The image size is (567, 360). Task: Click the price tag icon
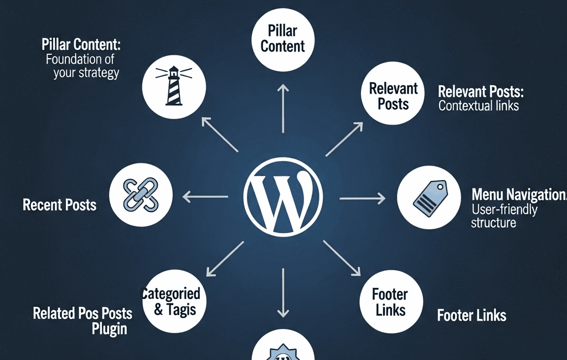coord(429,197)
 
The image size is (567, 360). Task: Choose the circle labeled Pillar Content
coord(282,39)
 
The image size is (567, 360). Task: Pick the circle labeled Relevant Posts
coord(393,96)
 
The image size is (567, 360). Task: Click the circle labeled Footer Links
coord(391,302)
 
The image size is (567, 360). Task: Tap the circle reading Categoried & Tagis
coord(174,302)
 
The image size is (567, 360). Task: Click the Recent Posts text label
coord(59,205)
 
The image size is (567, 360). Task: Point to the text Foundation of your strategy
coord(83,66)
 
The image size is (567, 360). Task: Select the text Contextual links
coord(478,105)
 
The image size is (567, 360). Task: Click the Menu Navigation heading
coord(518,194)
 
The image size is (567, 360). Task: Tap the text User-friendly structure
coord(504,216)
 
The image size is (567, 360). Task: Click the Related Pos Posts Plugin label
coord(83,321)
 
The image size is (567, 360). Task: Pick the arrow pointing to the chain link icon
coord(205,196)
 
